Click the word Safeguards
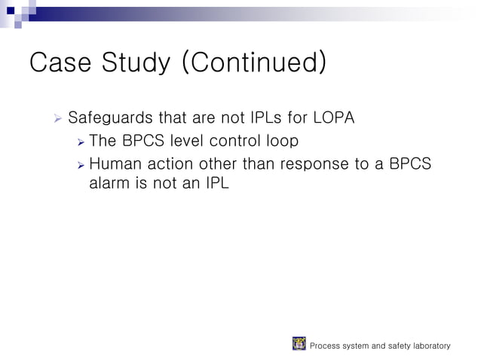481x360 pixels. coord(110,119)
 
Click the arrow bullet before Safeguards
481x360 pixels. coord(57,118)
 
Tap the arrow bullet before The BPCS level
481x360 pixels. coord(80,141)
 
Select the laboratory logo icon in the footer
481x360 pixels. coord(299,344)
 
